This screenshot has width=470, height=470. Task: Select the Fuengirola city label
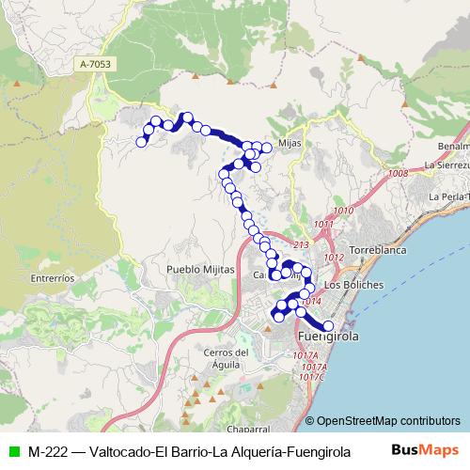[x=326, y=337]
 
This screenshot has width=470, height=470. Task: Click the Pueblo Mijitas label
[x=196, y=269]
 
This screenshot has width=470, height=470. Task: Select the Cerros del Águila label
[x=226, y=358]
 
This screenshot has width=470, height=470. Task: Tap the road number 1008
[x=397, y=173]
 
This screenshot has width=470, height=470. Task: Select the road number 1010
[x=342, y=210]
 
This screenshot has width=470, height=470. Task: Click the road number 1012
[x=333, y=257]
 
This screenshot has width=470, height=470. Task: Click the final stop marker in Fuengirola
[x=327, y=326]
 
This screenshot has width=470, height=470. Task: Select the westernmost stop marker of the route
[x=142, y=142]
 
